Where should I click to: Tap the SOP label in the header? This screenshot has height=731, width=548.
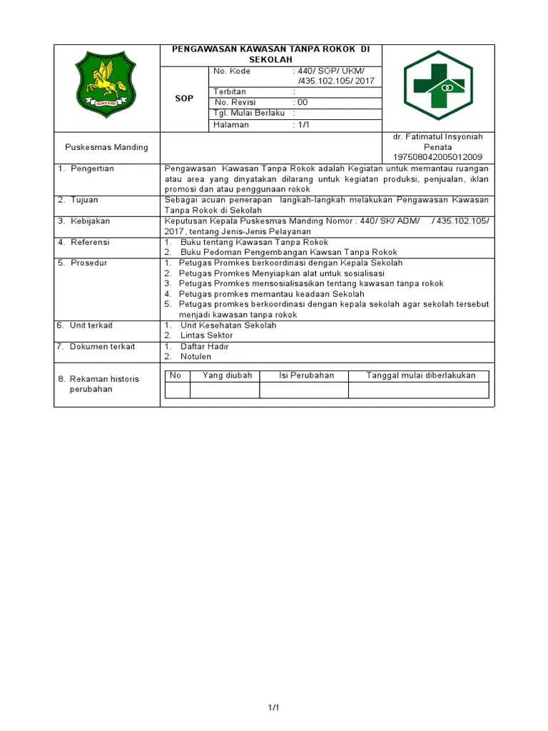click(184, 99)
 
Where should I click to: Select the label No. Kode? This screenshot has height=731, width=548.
click(233, 72)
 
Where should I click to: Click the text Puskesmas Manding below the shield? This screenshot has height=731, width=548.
click(106, 147)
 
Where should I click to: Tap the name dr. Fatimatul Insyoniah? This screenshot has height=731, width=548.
click(438, 137)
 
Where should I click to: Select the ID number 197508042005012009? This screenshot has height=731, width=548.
click(438, 157)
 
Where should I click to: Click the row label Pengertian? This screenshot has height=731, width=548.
click(92, 168)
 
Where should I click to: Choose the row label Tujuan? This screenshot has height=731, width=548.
click(84, 200)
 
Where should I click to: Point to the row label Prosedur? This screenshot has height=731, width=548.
click(88, 263)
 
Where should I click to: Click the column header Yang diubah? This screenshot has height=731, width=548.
click(228, 375)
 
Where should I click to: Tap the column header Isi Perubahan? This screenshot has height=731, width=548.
click(307, 375)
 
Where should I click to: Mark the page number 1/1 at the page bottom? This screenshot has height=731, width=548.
click(273, 707)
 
